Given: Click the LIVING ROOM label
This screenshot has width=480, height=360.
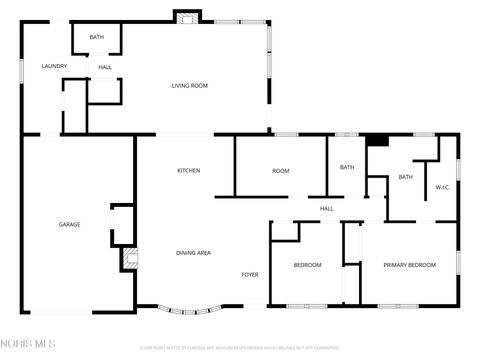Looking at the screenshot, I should [187, 86].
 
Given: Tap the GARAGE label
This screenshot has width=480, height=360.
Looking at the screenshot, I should [69, 224].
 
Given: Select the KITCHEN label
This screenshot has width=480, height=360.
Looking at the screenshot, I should [189, 171].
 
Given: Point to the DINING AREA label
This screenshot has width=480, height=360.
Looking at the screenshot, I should [193, 253].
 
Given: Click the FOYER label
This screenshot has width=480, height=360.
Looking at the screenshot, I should [250, 274].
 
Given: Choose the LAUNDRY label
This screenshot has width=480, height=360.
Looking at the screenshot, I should [54, 66].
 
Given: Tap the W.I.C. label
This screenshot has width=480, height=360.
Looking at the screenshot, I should [443, 188].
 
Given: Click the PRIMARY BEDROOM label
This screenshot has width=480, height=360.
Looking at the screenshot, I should [410, 265].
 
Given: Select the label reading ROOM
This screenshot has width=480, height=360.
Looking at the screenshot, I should [281, 171].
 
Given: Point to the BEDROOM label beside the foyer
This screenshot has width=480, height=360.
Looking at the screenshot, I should [307, 265].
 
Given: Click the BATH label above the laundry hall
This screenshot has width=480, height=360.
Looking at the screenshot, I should [96, 37].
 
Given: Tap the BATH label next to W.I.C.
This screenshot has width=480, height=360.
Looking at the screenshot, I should [406, 177].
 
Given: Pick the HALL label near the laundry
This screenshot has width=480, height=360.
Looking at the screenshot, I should [104, 67].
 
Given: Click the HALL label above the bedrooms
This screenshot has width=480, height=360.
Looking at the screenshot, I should [327, 208].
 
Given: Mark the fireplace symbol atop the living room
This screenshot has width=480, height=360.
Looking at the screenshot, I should [185, 16].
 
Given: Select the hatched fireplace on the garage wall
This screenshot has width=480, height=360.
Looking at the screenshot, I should [127, 258].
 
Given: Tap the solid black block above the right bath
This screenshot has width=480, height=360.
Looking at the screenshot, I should [377, 140].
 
